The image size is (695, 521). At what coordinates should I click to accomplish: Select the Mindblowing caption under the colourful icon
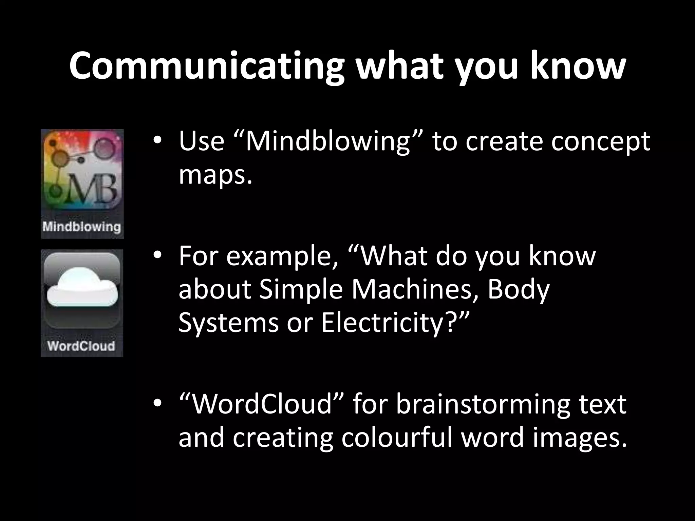coord(82,226)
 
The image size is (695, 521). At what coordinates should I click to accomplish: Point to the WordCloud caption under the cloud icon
coord(81,346)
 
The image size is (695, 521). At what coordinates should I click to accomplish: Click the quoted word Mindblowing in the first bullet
coord(328,141)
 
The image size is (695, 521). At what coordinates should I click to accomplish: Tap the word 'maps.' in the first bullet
coord(215,175)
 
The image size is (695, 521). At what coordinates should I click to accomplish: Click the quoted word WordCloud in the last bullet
coord(261,404)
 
